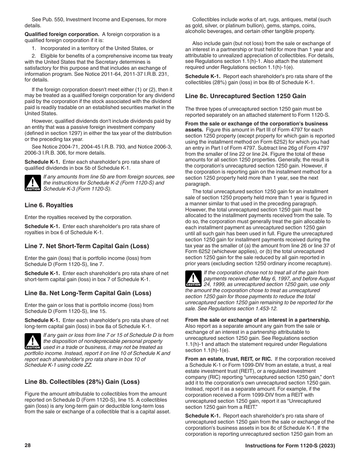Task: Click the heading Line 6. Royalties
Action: [x=49, y=205]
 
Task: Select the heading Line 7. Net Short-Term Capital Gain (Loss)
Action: [x=87, y=246]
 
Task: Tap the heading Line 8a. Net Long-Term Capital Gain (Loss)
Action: [x=88, y=293]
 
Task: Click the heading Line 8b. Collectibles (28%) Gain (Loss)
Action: [x=82, y=382]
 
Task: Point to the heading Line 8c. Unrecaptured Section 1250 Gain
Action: [x=245, y=96]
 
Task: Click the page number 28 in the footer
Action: [x=28, y=445]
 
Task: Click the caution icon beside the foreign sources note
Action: [x=33, y=183]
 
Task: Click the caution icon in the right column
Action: [x=193, y=278]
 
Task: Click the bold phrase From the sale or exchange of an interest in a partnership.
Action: [x=257, y=320]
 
